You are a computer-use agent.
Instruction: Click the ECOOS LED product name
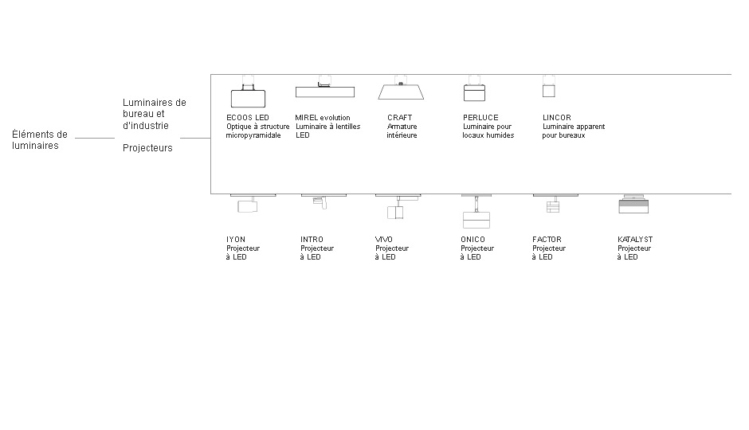[248, 117]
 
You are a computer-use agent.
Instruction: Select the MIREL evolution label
[323, 117]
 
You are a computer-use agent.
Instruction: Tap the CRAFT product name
[399, 117]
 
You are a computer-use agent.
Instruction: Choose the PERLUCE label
[480, 117]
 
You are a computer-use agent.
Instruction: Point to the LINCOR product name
[556, 117]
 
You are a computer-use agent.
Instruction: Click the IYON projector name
[236, 239]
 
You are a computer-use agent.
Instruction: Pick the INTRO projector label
[312, 239]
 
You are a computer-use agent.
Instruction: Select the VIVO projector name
[383, 239]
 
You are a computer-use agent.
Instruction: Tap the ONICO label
[473, 239]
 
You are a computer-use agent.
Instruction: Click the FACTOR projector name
[547, 239]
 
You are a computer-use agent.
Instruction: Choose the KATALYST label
[635, 239]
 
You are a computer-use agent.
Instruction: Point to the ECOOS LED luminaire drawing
[248, 96]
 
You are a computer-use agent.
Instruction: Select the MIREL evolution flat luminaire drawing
[325, 91]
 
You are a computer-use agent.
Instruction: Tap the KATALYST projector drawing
[633, 205]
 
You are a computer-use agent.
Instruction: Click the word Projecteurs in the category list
[147, 148]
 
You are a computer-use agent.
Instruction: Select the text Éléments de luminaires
[40, 140]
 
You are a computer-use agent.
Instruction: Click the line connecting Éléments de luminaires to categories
[95, 138]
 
